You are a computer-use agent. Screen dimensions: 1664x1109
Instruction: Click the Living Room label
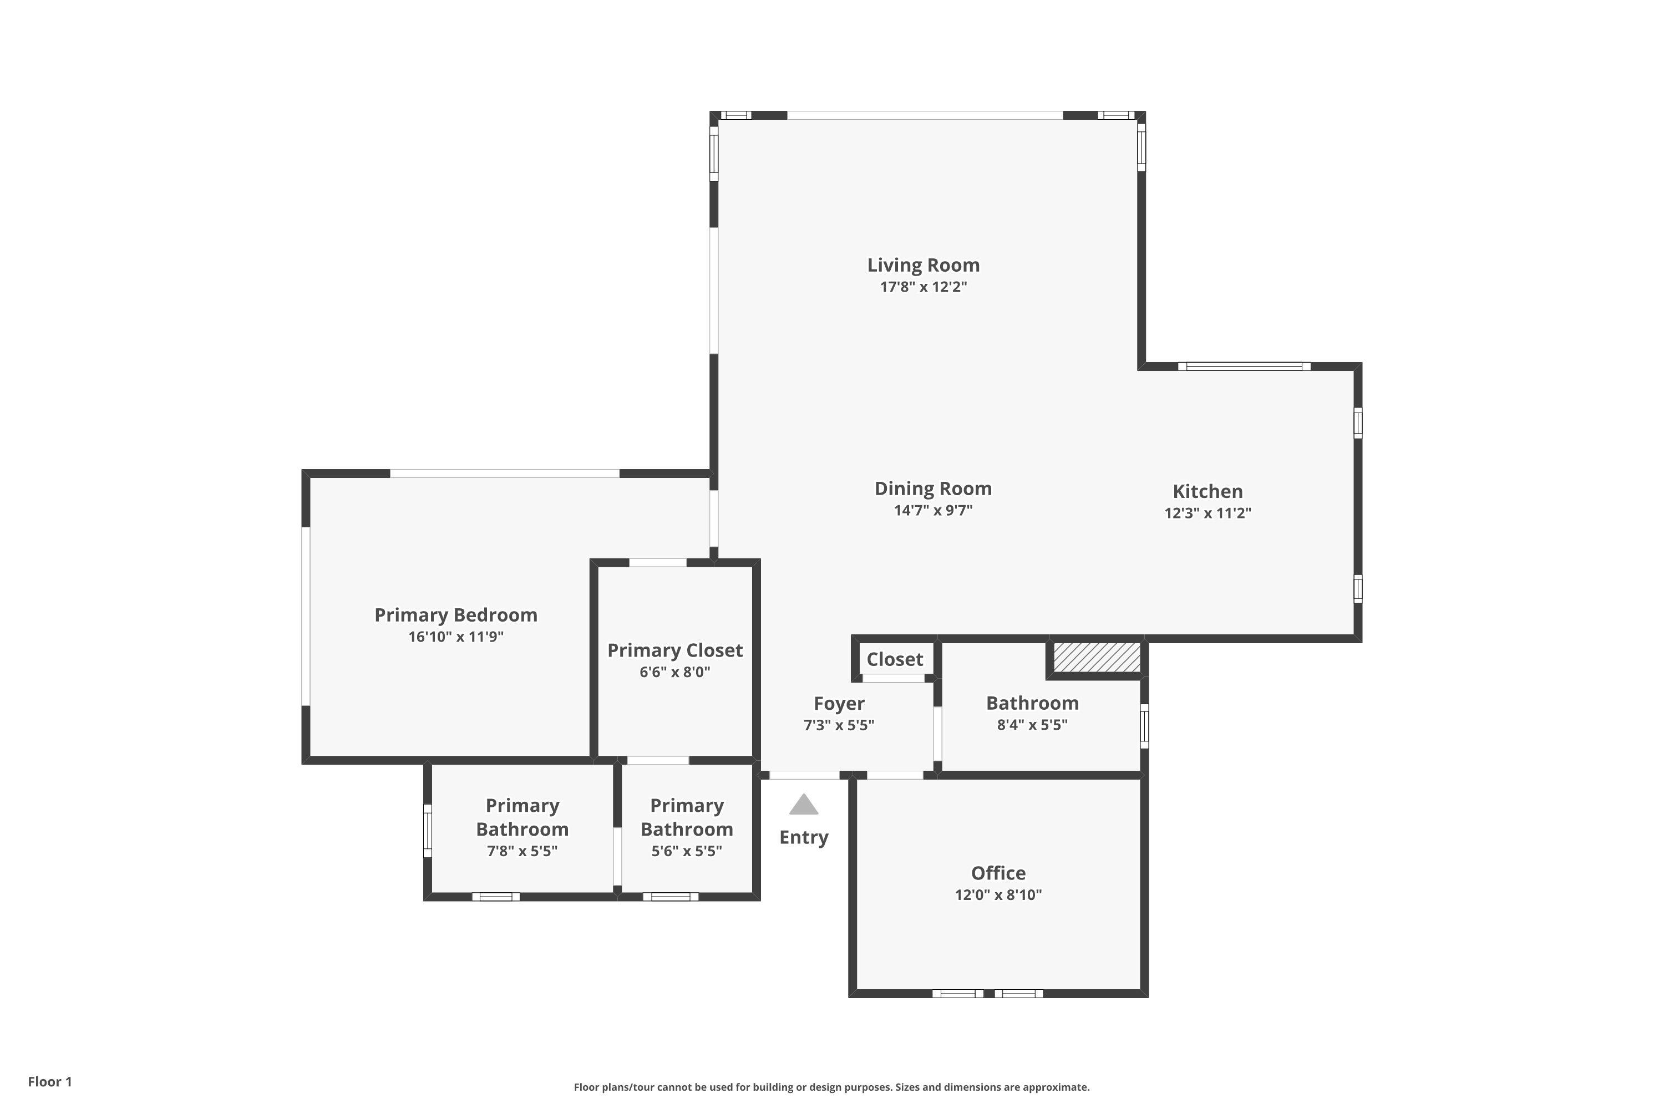pyautogui.click(x=924, y=265)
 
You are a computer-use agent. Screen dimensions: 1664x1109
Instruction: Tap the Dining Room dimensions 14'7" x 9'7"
pyautogui.click(x=933, y=511)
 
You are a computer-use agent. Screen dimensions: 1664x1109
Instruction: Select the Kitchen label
pyautogui.click(x=1208, y=491)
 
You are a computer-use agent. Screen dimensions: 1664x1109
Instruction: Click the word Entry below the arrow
pyautogui.click(x=804, y=838)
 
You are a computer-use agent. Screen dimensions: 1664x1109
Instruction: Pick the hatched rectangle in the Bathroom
pyautogui.click(x=1097, y=657)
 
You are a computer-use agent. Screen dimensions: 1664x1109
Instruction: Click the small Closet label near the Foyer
pyautogui.click(x=895, y=659)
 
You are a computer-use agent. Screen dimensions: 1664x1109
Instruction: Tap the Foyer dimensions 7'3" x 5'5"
pyautogui.click(x=839, y=725)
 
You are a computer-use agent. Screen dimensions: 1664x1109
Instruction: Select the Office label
pyautogui.click(x=998, y=873)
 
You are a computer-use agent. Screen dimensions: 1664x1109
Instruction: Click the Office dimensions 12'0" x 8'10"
pyautogui.click(x=998, y=895)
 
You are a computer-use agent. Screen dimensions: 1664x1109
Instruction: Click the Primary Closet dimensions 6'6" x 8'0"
pyautogui.click(x=675, y=672)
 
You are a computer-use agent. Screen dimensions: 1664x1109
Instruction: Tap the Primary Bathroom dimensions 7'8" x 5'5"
pyautogui.click(x=522, y=851)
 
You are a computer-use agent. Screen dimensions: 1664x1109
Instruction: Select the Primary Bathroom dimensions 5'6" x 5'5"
pyautogui.click(x=687, y=851)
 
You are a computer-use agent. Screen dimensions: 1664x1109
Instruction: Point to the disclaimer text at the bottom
pyautogui.click(x=832, y=1087)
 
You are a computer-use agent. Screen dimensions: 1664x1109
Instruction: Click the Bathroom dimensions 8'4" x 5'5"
pyautogui.click(x=1032, y=725)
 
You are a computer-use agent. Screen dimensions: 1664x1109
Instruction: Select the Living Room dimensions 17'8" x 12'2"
pyautogui.click(x=924, y=287)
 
